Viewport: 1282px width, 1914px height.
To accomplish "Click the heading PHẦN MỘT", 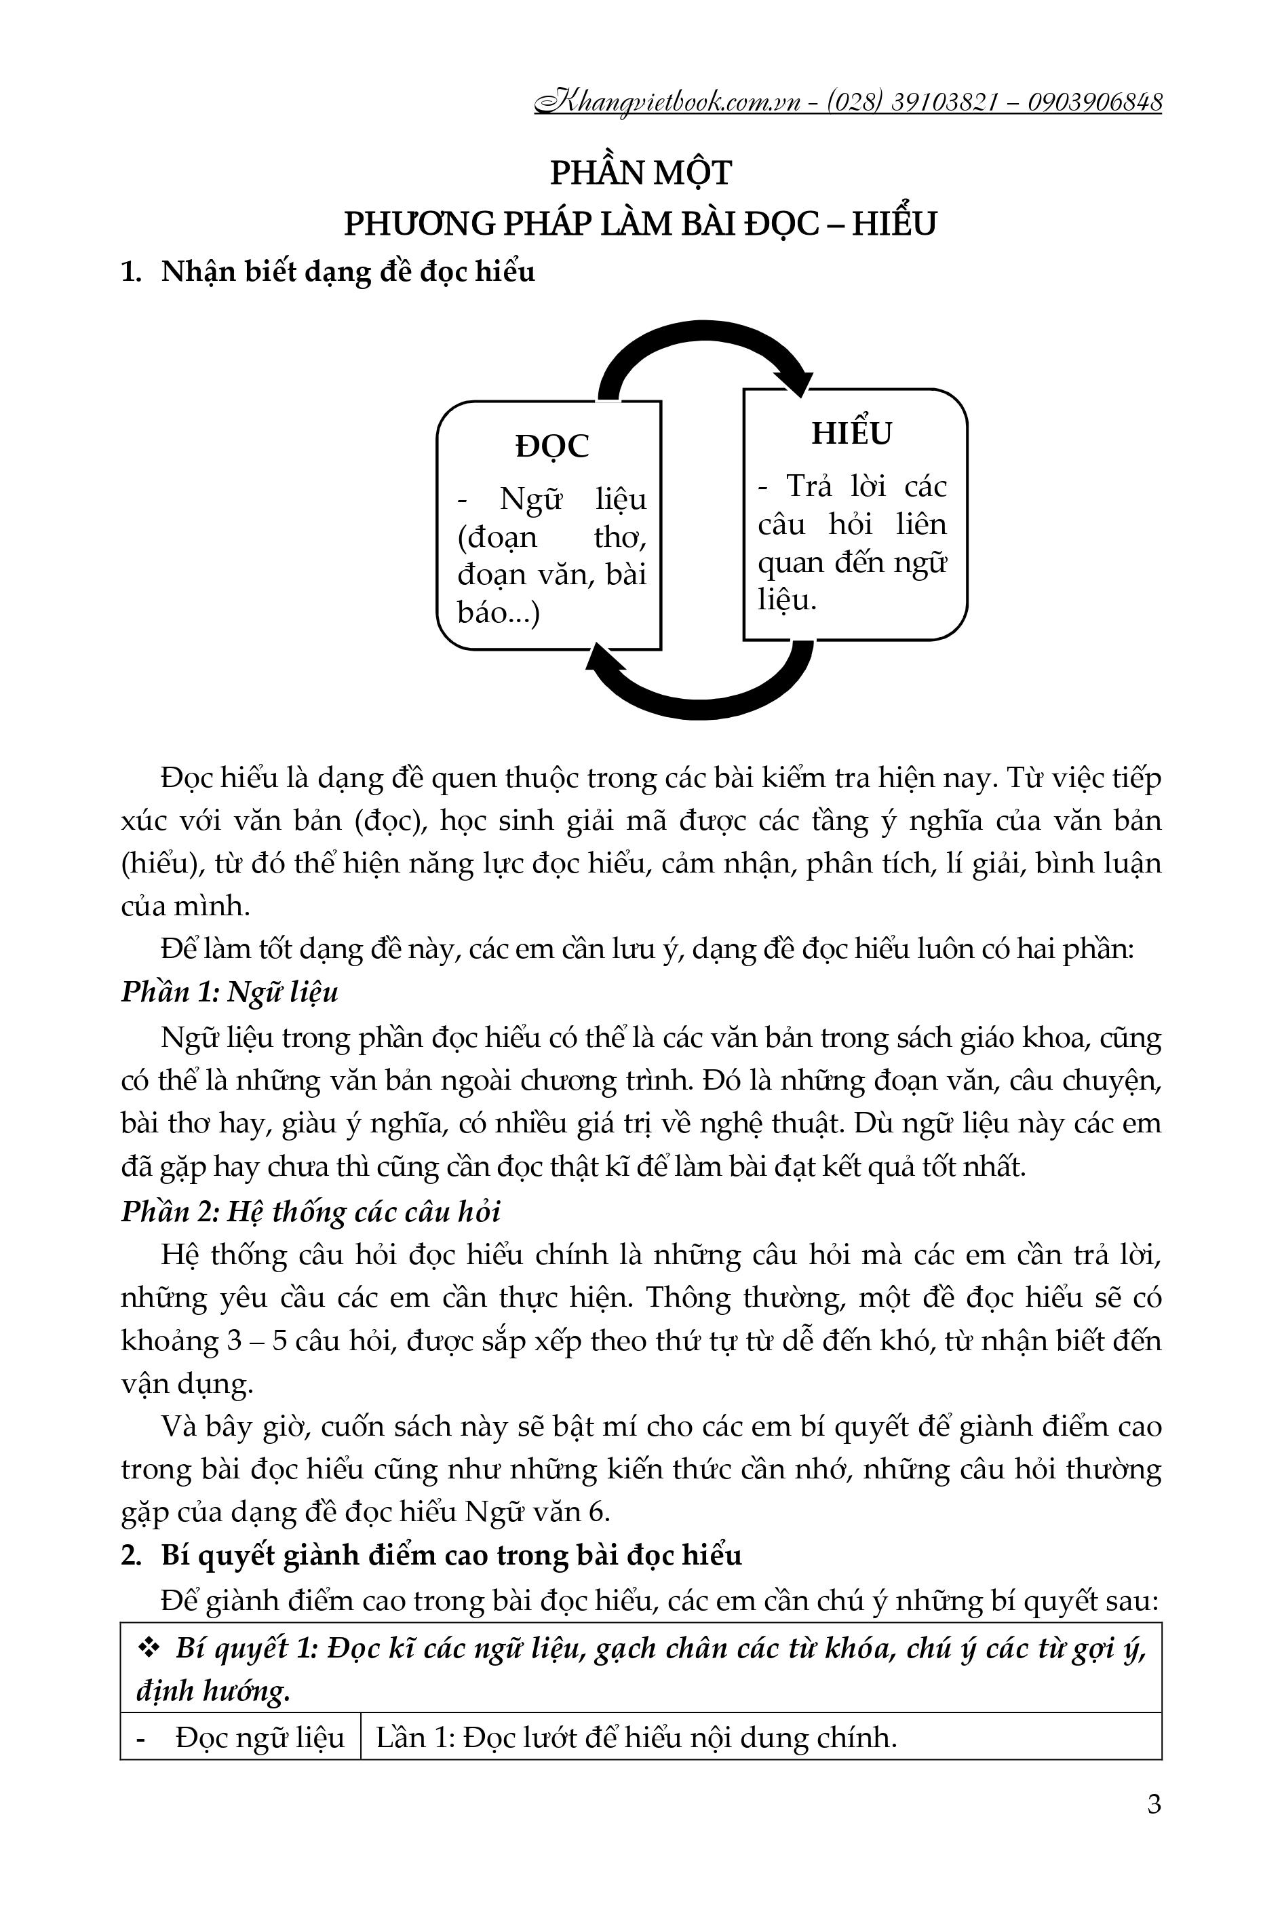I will (x=640, y=173).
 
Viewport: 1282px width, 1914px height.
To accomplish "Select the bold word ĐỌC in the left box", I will (x=552, y=446).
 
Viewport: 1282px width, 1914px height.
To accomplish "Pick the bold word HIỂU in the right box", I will (x=851, y=434).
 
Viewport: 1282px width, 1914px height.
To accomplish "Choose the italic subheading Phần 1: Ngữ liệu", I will (x=230, y=993).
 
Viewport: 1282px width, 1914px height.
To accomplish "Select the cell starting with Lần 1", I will (x=636, y=1738).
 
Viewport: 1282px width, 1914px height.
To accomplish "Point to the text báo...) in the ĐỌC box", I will (x=499, y=613).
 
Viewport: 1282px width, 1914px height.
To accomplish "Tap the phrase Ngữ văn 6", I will (x=537, y=1511).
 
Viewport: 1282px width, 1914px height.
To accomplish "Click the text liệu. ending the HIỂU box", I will (x=788, y=601).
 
